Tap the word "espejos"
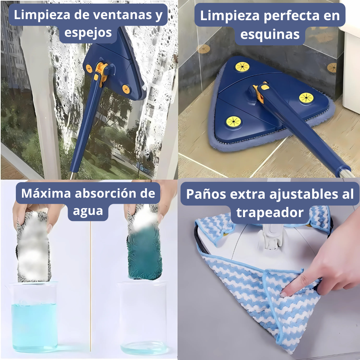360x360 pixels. coord(88,33)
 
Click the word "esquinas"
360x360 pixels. coord(270,35)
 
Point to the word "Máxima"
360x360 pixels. coord(46,193)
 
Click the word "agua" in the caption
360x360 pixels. coord(88,211)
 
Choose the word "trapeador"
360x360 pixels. coord(270,213)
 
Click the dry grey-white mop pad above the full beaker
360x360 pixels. coord(33,247)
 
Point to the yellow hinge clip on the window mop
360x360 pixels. coord(101,72)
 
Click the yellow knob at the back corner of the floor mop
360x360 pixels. coord(242,67)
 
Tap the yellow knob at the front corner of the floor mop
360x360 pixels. coord(233,121)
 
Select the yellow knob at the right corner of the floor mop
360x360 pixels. coord(306,98)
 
